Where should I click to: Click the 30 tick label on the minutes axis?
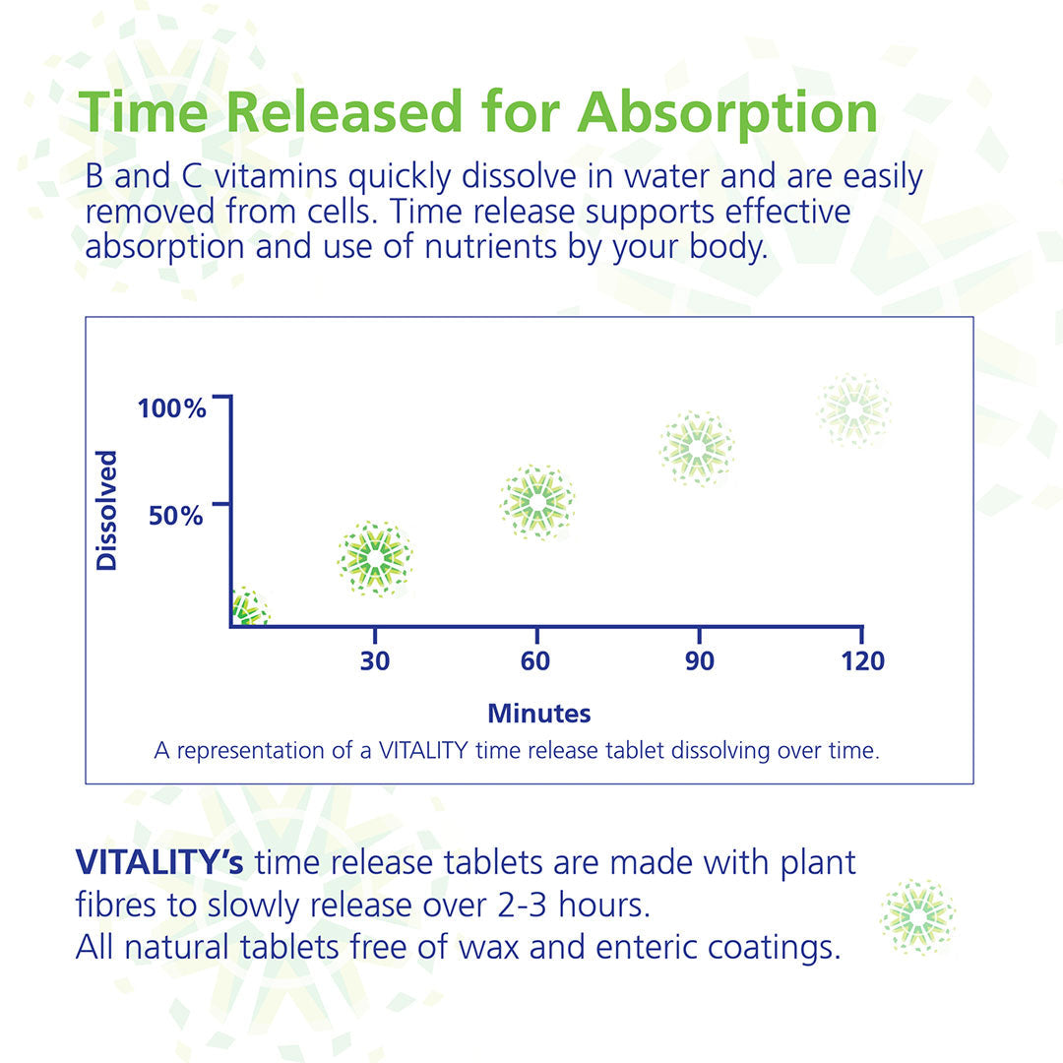pos(374,661)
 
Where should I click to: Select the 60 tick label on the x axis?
pos(535,661)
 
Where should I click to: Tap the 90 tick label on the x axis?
pos(699,661)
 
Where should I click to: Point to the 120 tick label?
pos(862,661)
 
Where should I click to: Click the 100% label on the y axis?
pos(172,408)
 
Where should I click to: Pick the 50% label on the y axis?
pos(176,515)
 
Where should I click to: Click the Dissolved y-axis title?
pos(106,511)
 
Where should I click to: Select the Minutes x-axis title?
pos(539,713)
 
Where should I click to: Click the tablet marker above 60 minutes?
pos(536,502)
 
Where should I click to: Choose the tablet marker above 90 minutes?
pos(697,449)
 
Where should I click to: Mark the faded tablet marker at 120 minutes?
pos(854,409)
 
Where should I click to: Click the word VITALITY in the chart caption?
pos(422,750)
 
